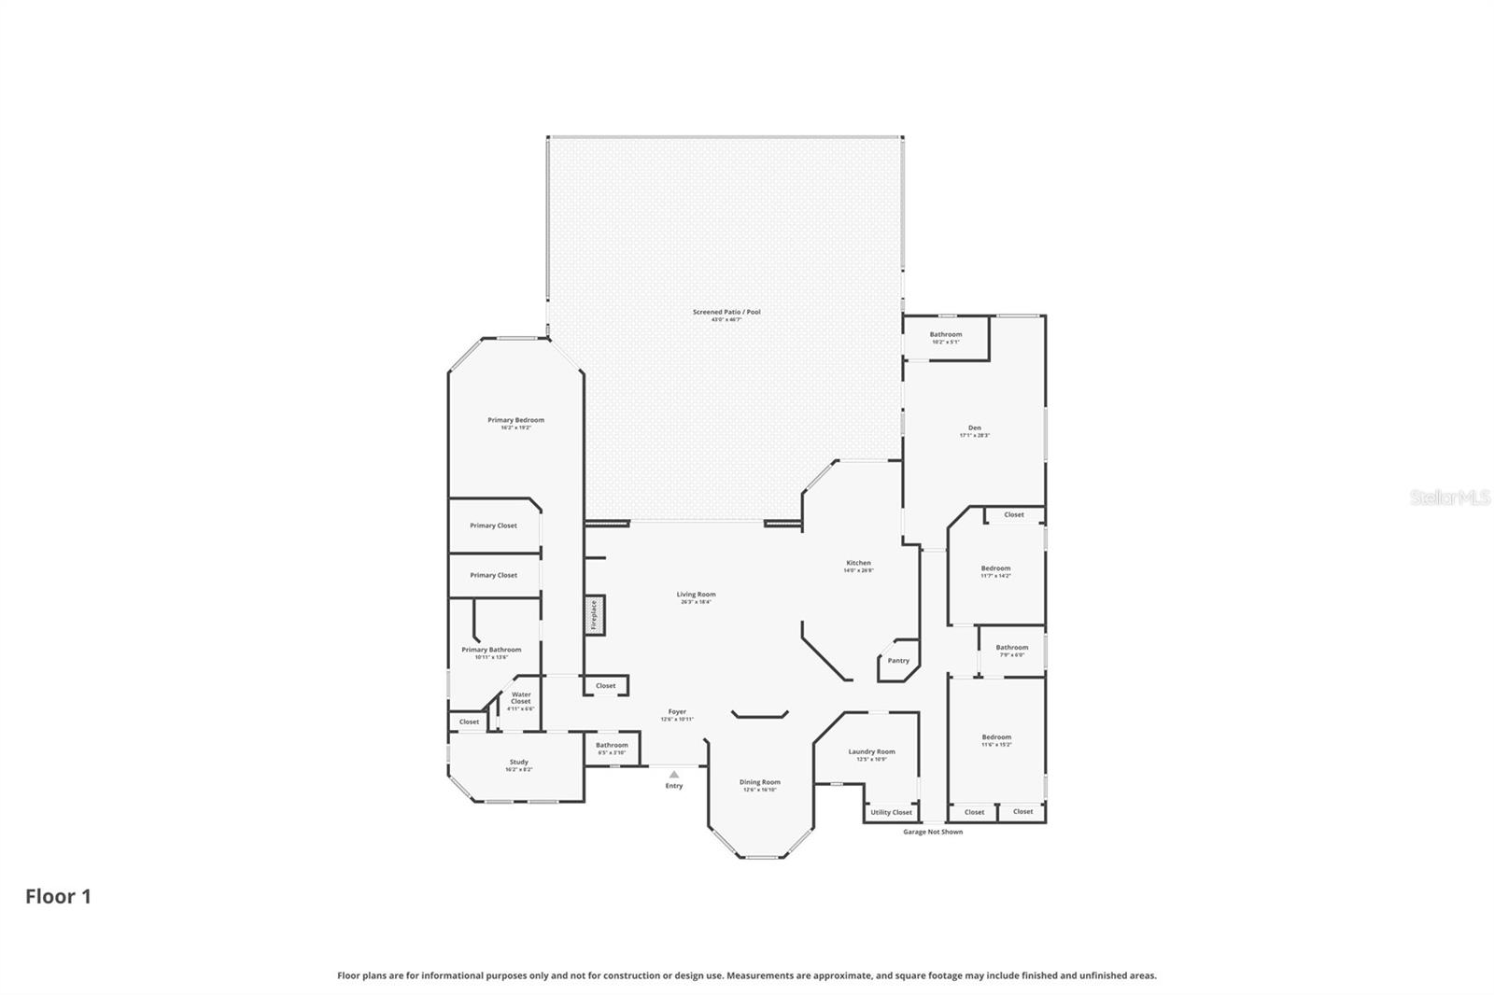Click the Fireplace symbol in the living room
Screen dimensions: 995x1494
pyautogui.click(x=595, y=615)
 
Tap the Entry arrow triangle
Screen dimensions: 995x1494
pyautogui.click(x=674, y=775)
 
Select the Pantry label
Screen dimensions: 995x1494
pyautogui.click(x=898, y=661)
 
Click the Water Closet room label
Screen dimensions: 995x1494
pyautogui.click(x=521, y=698)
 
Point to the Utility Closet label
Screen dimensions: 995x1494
pyautogui.click(x=891, y=812)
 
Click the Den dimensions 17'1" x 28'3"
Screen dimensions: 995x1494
pyautogui.click(x=974, y=436)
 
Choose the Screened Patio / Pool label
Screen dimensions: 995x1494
pyautogui.click(x=726, y=312)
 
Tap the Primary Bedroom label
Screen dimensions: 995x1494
pyautogui.click(x=515, y=420)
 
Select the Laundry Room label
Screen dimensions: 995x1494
pyautogui.click(x=871, y=751)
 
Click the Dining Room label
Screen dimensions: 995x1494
pyautogui.click(x=760, y=782)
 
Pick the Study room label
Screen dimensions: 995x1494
pyautogui.click(x=518, y=762)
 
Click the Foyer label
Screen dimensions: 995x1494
pyautogui.click(x=677, y=711)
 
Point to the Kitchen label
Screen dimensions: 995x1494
pyautogui.click(x=858, y=563)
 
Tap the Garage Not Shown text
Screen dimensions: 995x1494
pyautogui.click(x=933, y=832)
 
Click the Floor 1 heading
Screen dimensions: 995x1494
pyautogui.click(x=58, y=897)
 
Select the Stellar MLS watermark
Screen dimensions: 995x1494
pyautogui.click(x=1449, y=498)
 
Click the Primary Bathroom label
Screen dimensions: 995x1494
pyautogui.click(x=491, y=650)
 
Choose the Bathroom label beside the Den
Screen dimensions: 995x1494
pyautogui.click(x=945, y=334)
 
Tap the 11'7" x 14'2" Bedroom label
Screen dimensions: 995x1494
pyautogui.click(x=995, y=568)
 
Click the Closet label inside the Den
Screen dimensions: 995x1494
pyautogui.click(x=1014, y=514)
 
